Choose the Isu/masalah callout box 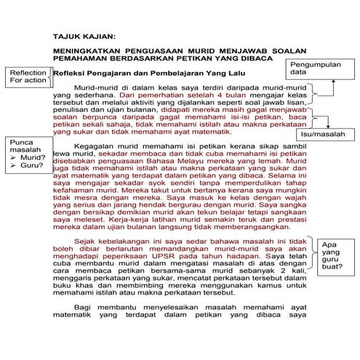click(x=322, y=135)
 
